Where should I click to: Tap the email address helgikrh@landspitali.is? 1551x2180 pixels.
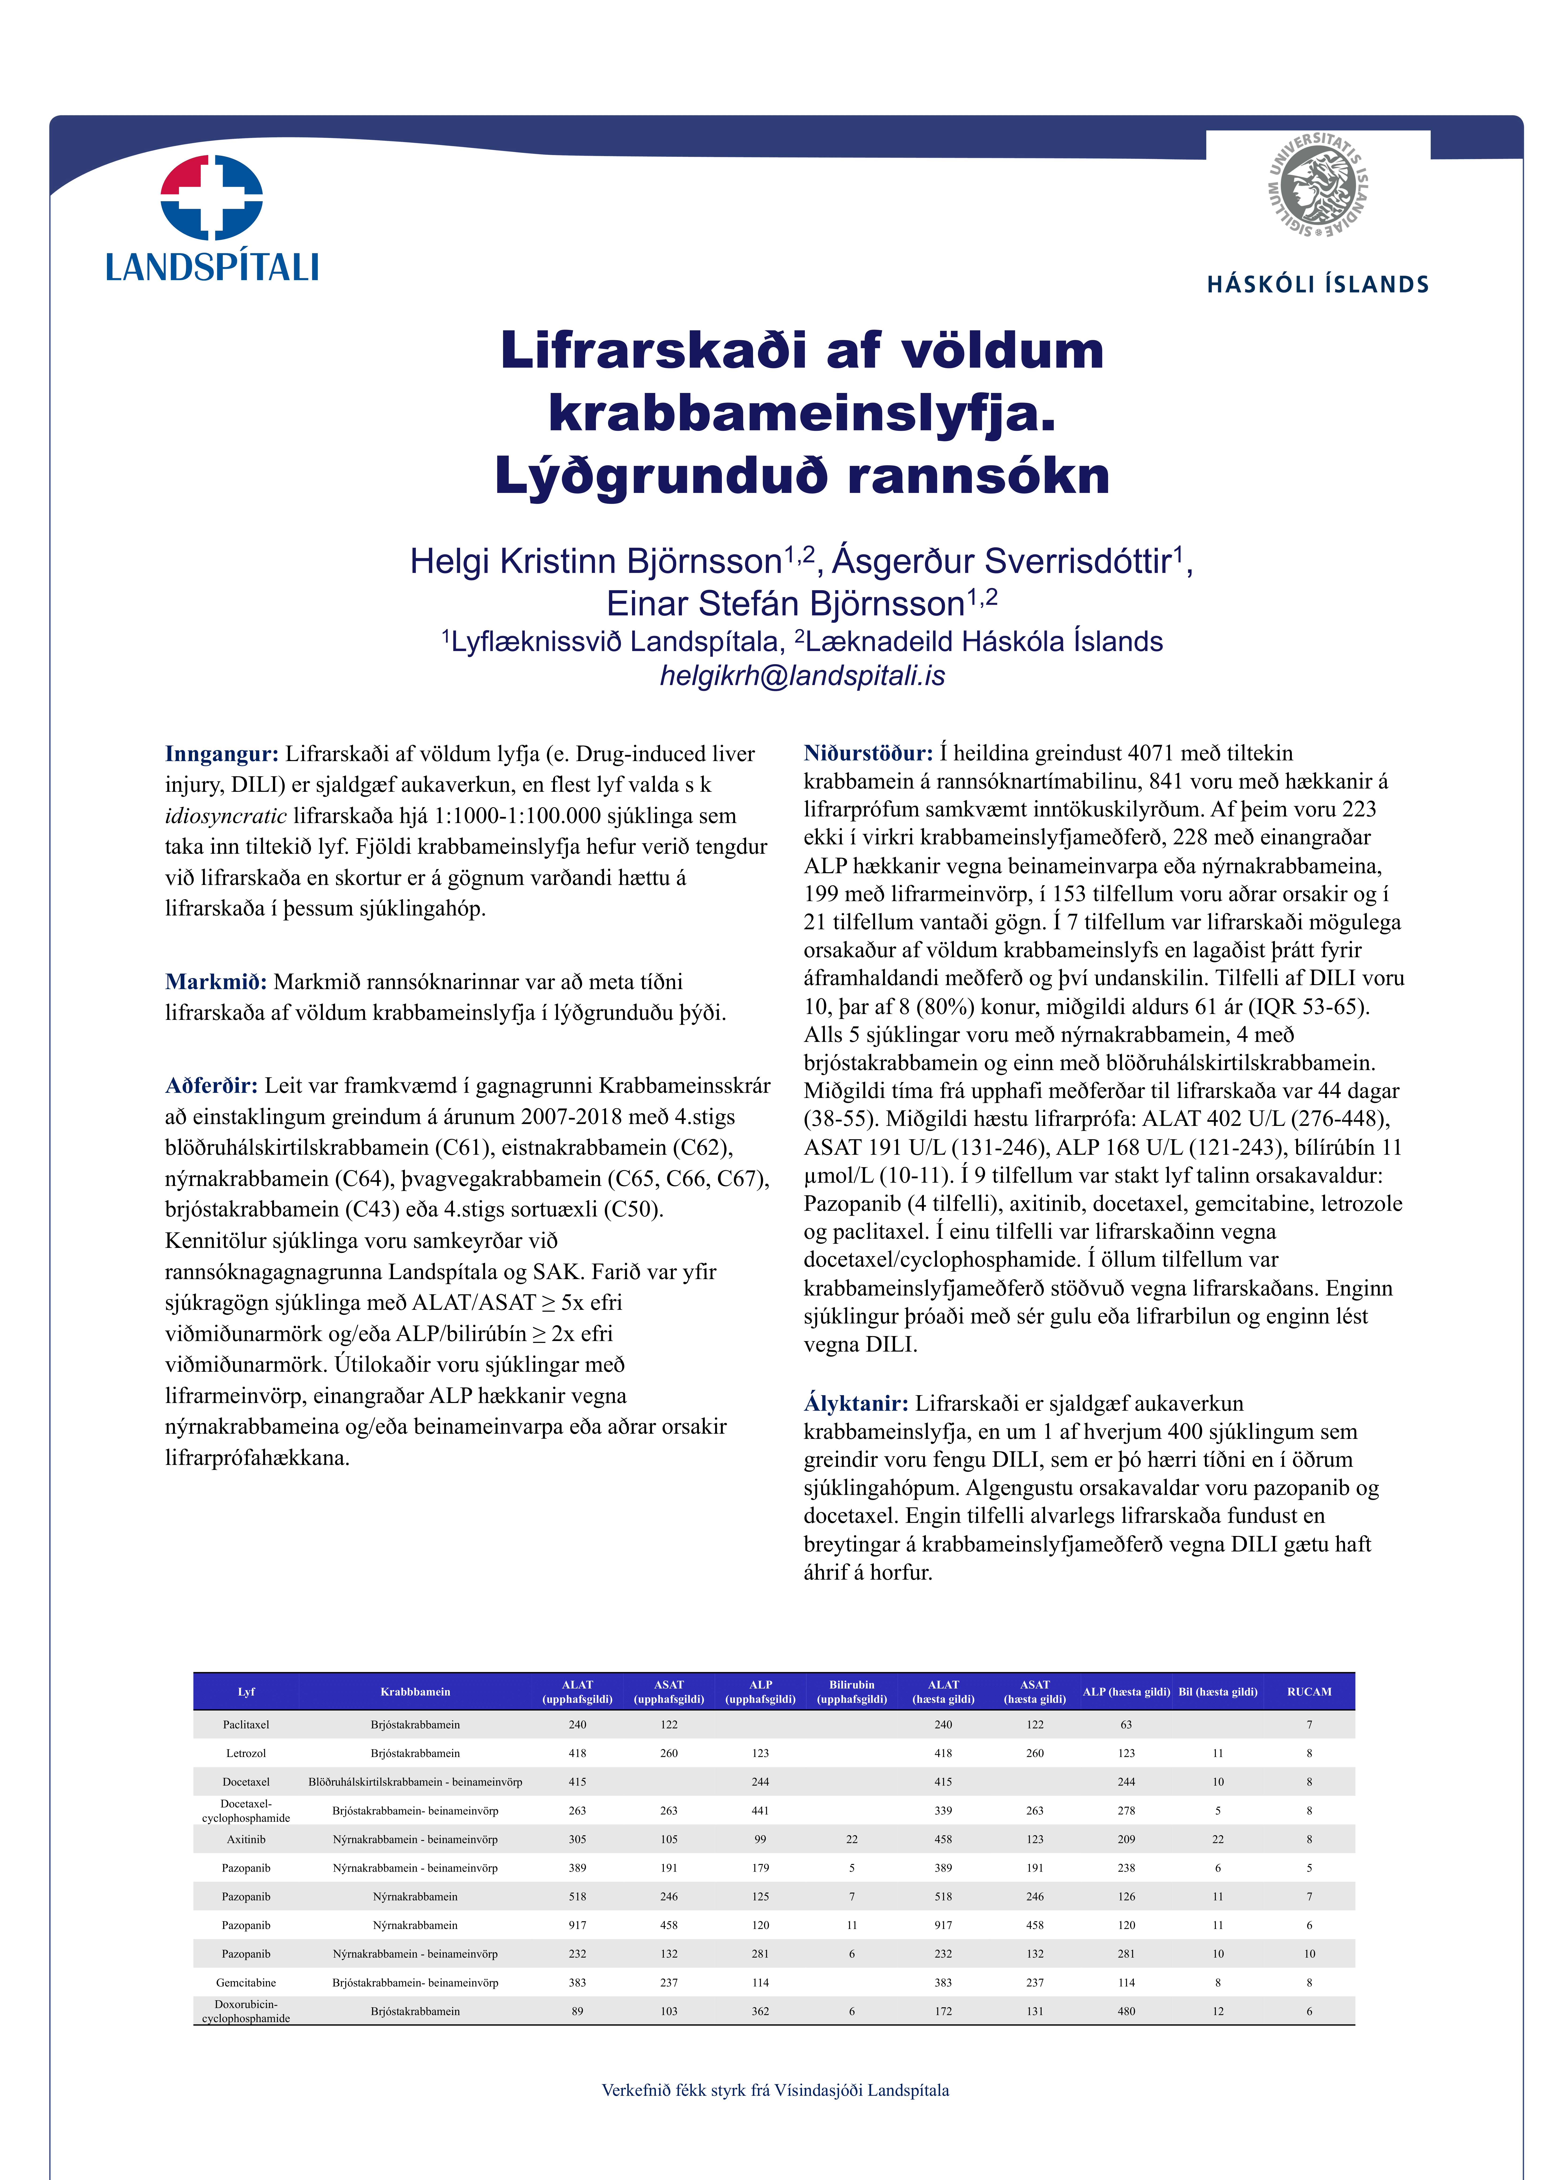[x=802, y=675]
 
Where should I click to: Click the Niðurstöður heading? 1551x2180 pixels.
[x=867, y=753]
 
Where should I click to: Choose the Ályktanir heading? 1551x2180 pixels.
[x=856, y=1403]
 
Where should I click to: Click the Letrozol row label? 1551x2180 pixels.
[x=246, y=1753]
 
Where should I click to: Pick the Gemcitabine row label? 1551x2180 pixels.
[x=246, y=1982]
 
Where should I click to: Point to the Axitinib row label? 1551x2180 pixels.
[x=246, y=1839]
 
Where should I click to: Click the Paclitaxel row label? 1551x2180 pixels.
[x=246, y=1724]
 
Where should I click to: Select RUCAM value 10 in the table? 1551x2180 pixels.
[x=1309, y=1954]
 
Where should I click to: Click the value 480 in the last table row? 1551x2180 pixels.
[x=1126, y=2011]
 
